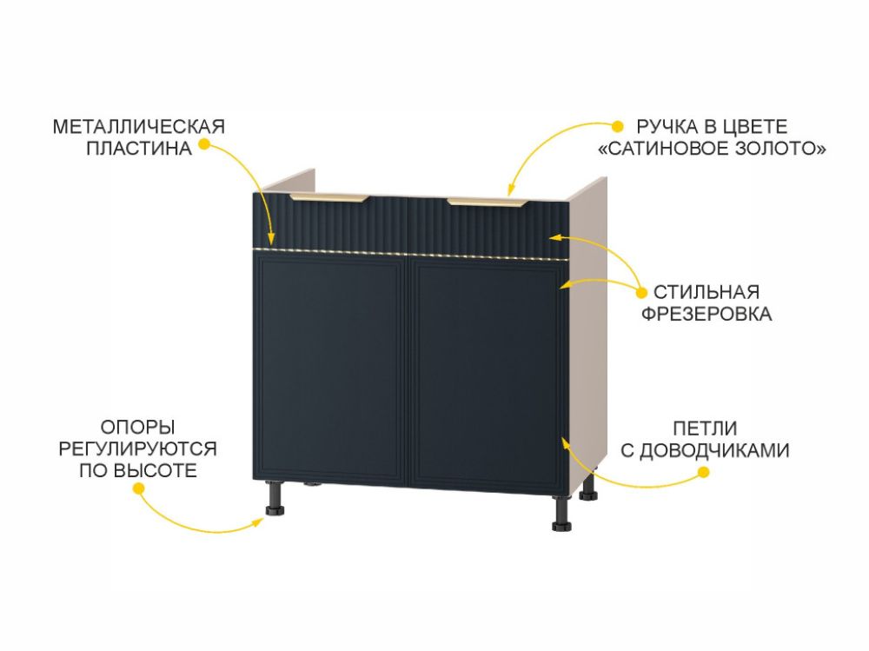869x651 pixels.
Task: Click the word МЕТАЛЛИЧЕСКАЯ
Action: point(138,127)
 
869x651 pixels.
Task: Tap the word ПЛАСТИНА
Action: point(138,149)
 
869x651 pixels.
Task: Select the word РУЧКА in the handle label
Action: point(667,127)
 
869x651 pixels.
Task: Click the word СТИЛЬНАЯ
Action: point(706,292)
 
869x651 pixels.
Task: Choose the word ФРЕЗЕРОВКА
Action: point(706,314)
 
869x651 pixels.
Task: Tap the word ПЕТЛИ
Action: point(705,428)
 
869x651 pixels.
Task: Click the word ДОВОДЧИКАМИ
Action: point(714,451)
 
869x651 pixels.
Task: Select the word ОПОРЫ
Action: point(137,428)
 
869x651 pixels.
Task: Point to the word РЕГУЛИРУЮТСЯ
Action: point(137,449)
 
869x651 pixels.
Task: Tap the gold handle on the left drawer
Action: point(328,198)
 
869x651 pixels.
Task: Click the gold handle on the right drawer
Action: point(488,203)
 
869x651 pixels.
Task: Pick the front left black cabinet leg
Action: point(275,498)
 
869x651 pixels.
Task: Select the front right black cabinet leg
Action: point(561,513)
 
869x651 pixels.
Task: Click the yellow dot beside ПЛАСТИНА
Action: point(204,144)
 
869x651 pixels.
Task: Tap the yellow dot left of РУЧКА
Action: point(617,126)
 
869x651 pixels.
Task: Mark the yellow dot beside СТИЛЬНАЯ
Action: point(641,292)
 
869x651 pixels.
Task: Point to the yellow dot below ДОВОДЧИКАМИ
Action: point(703,473)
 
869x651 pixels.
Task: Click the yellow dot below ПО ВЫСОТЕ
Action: point(138,488)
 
